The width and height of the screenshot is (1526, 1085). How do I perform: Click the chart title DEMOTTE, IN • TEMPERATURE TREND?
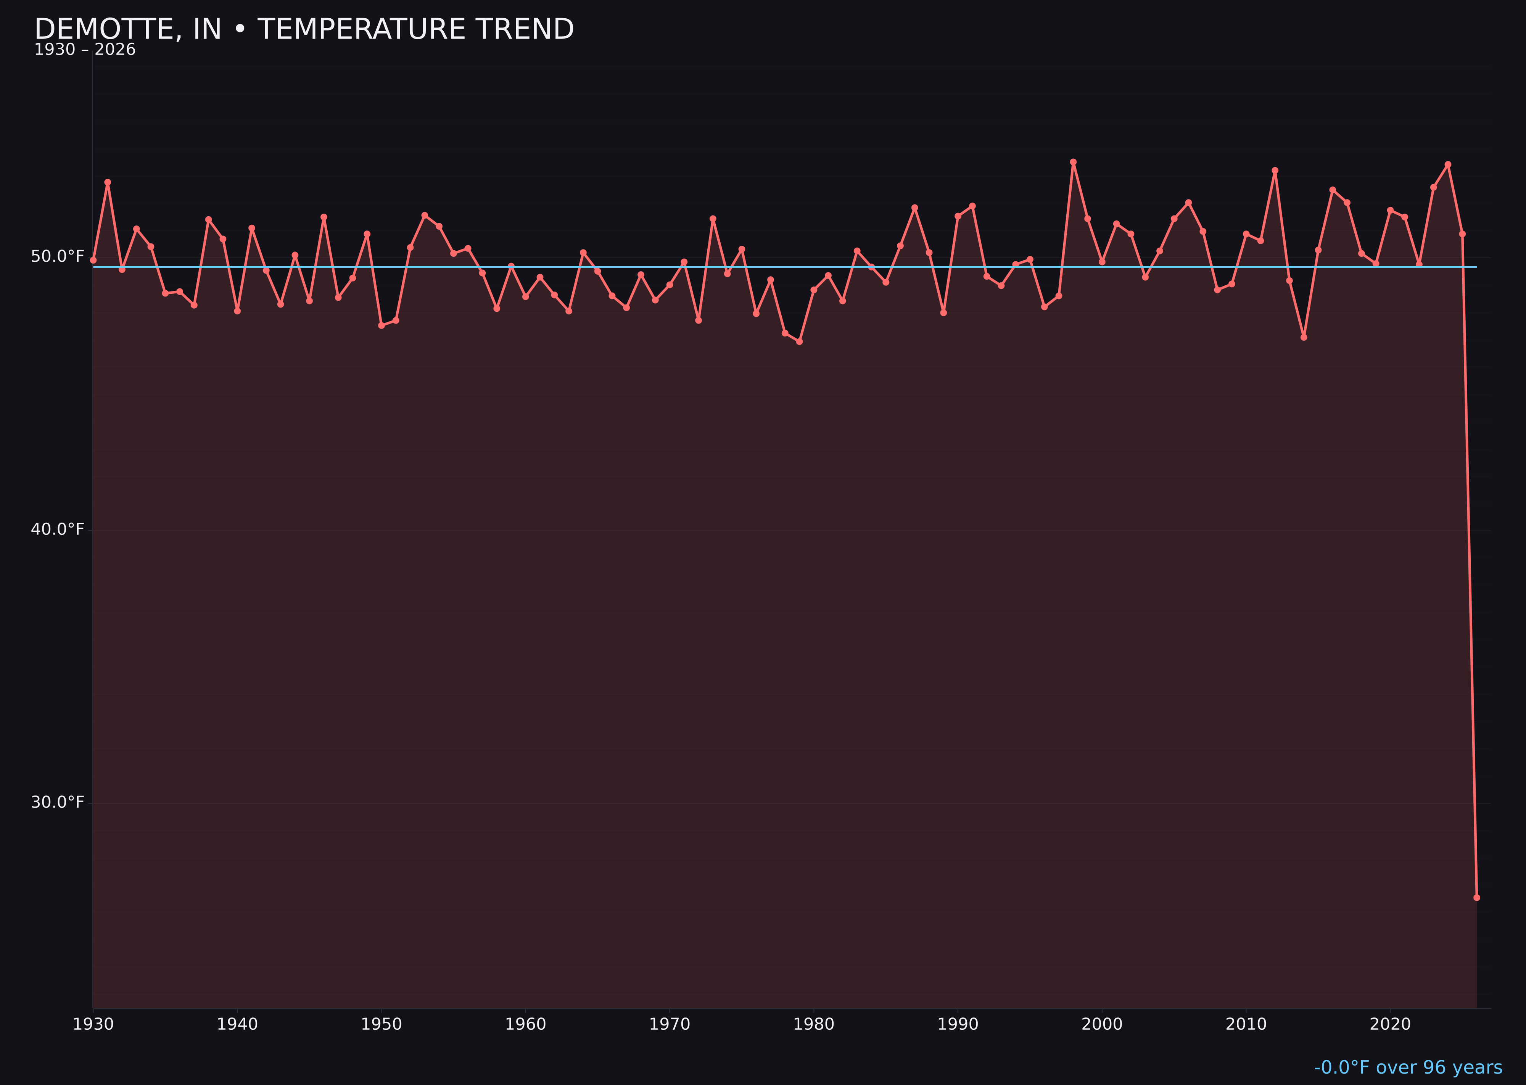[x=304, y=29]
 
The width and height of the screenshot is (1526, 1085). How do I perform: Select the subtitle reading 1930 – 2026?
[x=85, y=50]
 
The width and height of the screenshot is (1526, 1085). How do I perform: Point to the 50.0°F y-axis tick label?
[x=58, y=256]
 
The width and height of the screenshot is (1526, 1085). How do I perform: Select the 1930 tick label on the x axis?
[x=93, y=1024]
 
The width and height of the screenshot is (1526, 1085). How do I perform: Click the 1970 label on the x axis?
[x=670, y=1024]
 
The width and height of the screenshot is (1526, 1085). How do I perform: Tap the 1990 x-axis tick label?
[x=958, y=1024]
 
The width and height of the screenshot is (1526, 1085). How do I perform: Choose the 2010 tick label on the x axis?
[x=1246, y=1024]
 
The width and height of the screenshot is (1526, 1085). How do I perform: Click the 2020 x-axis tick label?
[x=1390, y=1024]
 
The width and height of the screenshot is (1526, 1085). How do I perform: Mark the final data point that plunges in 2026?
[x=1476, y=897]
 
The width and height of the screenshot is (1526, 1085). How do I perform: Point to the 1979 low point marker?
[x=799, y=341]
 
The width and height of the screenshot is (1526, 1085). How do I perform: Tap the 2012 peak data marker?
[x=1275, y=171]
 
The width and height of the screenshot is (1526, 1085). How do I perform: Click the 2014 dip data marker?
[x=1304, y=337]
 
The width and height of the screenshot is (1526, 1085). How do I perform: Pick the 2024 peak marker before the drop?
[x=1448, y=164]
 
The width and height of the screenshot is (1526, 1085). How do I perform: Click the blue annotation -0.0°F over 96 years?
[x=1408, y=1067]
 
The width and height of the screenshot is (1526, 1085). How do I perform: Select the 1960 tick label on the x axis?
[x=525, y=1024]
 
